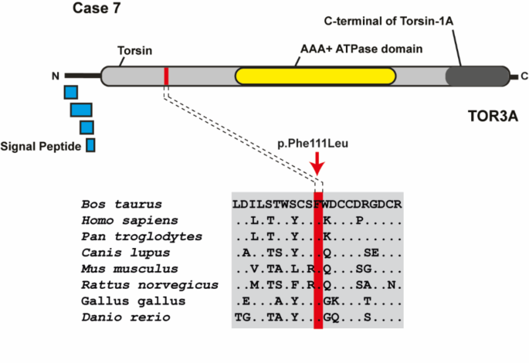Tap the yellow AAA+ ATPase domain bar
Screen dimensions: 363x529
click(x=315, y=76)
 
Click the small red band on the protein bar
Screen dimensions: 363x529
click(x=166, y=76)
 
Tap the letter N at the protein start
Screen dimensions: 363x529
click(x=55, y=76)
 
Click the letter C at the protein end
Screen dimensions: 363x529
click(x=524, y=76)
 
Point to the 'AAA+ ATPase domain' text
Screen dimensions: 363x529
click(x=361, y=49)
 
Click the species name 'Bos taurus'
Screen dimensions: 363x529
click(x=121, y=205)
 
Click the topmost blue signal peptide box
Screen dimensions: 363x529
click(x=71, y=93)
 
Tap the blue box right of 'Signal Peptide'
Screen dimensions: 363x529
click(x=90, y=144)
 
